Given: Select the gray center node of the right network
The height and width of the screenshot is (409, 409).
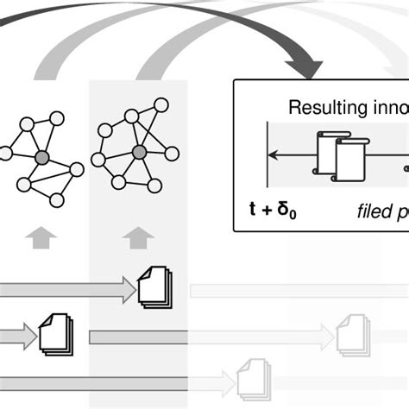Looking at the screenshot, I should tap(138, 153).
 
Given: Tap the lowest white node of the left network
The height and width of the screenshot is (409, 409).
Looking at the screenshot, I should tap(57, 200).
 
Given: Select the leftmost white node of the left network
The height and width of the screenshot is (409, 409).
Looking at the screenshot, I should tap(5, 153).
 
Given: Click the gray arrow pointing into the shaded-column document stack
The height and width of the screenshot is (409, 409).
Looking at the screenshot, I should tap(78, 290).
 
